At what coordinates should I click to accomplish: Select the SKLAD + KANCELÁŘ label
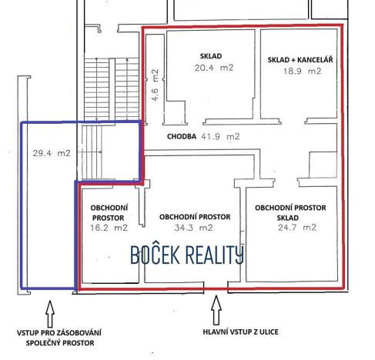pos(300,59)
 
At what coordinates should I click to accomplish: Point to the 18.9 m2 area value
pos(300,71)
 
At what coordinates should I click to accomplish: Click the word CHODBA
pos(182,136)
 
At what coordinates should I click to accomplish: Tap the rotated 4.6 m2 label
pos(155,85)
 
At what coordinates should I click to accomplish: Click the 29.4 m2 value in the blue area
pos(47,153)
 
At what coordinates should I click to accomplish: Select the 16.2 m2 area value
pos(109,228)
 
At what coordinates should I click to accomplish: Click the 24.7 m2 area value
pos(296,228)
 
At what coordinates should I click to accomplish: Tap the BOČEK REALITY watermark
pos(187,255)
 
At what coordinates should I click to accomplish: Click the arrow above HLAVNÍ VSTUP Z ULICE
pos(216,309)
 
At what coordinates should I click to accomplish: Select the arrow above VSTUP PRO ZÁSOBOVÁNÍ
pos(50,312)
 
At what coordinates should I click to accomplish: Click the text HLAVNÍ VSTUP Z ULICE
pos(240,332)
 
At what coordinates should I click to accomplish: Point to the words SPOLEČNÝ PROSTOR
pos(59,343)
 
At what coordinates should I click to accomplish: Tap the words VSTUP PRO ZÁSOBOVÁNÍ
pos(59,332)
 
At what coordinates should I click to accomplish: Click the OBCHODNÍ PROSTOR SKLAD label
pos(290,212)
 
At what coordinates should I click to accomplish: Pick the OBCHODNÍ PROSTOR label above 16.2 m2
pos(109,212)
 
